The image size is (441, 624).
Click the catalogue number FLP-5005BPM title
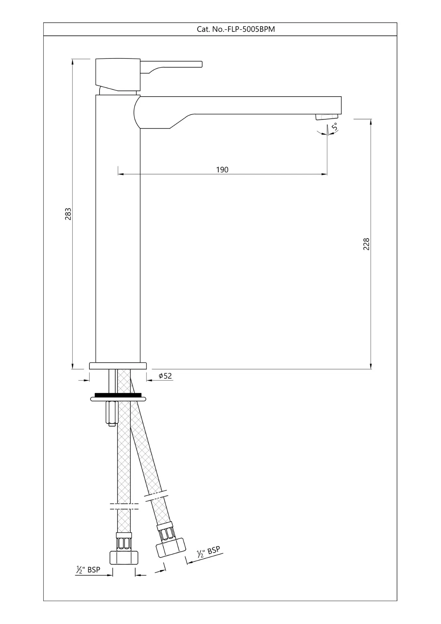[236, 29]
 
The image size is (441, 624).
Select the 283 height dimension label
[68, 214]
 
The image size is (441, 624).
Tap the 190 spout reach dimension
[222, 170]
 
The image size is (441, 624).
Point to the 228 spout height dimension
[367, 244]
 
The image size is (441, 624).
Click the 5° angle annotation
[334, 126]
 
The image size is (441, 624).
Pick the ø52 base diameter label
[165, 376]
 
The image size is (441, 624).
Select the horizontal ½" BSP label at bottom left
[88, 570]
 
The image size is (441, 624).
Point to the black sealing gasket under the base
[118, 395]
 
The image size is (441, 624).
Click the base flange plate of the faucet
[118, 366]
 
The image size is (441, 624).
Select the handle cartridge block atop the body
[118, 74]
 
